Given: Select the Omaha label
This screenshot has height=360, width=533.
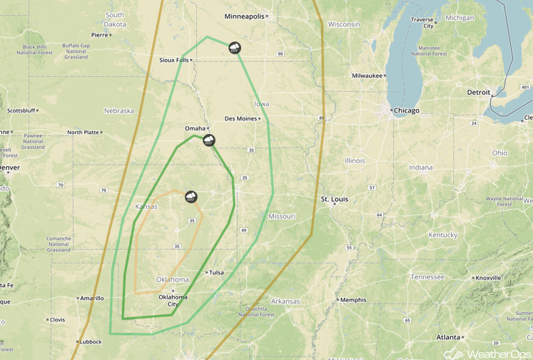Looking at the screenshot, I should (x=195, y=128).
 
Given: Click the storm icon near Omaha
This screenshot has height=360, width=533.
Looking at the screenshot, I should (x=209, y=140).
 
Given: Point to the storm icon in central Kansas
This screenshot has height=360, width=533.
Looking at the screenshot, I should (x=191, y=197).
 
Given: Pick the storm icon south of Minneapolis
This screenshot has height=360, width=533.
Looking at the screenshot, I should (x=234, y=48).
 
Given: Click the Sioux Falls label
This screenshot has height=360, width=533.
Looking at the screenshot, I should (x=173, y=60).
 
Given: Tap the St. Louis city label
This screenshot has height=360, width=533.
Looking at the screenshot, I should (x=335, y=199).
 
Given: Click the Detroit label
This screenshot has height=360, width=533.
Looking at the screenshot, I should (x=479, y=93).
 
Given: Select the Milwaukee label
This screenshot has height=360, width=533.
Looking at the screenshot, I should (x=367, y=76).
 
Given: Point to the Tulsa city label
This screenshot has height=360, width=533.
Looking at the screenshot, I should (x=216, y=272).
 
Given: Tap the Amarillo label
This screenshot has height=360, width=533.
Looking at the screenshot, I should (x=92, y=299).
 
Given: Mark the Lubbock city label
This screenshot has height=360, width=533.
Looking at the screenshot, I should (x=91, y=341).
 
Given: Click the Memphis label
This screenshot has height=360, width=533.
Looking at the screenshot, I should (x=353, y=300).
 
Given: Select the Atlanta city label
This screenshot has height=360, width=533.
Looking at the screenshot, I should (x=449, y=337).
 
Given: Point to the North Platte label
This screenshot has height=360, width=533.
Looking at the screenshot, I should (x=83, y=132).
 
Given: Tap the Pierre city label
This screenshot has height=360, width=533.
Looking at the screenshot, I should (x=99, y=34).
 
